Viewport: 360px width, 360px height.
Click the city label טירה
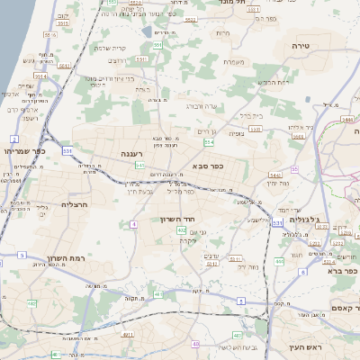click(301, 43)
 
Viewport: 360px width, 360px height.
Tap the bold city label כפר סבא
click(208, 166)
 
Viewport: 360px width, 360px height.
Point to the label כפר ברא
click(343, 270)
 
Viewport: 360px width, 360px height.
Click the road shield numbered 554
click(209, 141)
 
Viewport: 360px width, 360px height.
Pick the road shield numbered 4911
click(127, 335)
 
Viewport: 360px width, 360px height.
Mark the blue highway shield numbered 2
click(14, 138)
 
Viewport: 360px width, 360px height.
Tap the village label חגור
click(295, 255)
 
